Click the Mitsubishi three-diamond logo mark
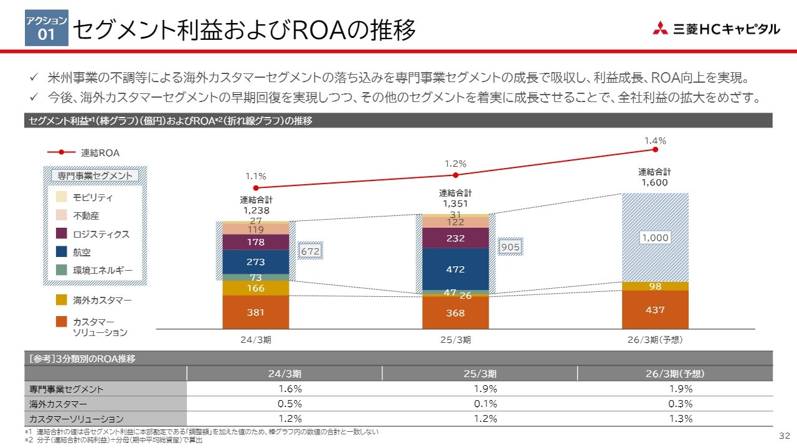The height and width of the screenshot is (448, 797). click(660, 29)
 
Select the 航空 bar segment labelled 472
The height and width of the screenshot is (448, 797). click(455, 269)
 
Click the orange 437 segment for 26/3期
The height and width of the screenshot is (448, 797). click(655, 309)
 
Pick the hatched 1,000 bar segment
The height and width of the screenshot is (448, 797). click(655, 238)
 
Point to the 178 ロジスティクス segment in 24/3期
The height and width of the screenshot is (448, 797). click(255, 242)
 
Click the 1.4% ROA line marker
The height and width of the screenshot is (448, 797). click(655, 149)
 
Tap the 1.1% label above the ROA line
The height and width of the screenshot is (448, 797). click(255, 176)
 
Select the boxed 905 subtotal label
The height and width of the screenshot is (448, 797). click(510, 247)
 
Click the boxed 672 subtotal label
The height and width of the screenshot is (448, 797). click(309, 251)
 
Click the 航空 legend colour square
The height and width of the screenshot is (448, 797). click(61, 252)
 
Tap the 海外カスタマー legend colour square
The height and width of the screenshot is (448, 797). click(61, 300)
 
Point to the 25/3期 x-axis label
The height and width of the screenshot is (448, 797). click(455, 340)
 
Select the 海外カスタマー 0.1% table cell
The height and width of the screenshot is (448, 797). click(479, 404)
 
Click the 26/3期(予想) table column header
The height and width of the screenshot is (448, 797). click(674, 374)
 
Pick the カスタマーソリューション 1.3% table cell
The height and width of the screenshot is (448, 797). click(674, 419)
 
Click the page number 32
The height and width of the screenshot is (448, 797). click(784, 434)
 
